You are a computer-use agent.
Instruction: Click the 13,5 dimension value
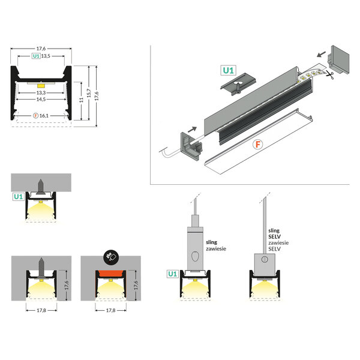click(46, 56)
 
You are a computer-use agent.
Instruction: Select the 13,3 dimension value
click(41, 93)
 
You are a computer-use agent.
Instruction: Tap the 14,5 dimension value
click(41, 100)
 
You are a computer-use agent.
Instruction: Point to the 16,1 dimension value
click(44, 116)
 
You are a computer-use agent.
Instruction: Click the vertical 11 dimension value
click(81, 100)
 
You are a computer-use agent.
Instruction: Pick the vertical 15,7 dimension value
click(89, 93)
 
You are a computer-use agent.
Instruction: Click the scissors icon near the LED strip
click(330, 75)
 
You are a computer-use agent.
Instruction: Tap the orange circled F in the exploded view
click(258, 145)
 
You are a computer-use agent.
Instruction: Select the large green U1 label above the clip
click(228, 70)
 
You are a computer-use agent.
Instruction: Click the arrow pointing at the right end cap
click(321, 55)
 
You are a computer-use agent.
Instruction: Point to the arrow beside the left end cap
click(193, 130)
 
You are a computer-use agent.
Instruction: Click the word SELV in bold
click(274, 237)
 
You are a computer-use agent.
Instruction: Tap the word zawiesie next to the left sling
click(216, 248)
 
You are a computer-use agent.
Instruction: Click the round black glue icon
click(111, 257)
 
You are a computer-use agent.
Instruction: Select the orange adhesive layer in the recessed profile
click(110, 274)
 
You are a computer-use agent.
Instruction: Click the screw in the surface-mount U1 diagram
click(41, 187)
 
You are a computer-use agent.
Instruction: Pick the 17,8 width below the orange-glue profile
click(110, 310)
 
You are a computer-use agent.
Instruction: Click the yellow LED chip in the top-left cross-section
click(41, 86)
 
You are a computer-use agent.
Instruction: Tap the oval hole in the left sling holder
click(195, 256)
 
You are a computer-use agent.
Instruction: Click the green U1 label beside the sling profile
click(173, 274)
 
